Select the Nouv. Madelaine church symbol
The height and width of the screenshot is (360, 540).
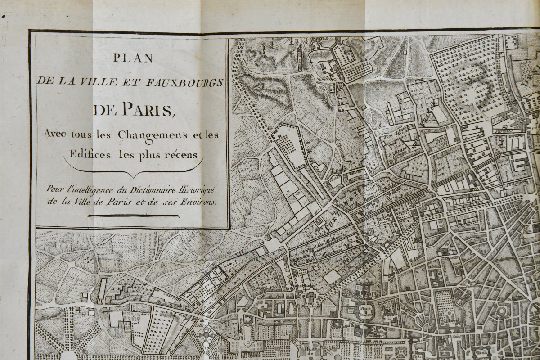pyautogui.click(x=310, y=297)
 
